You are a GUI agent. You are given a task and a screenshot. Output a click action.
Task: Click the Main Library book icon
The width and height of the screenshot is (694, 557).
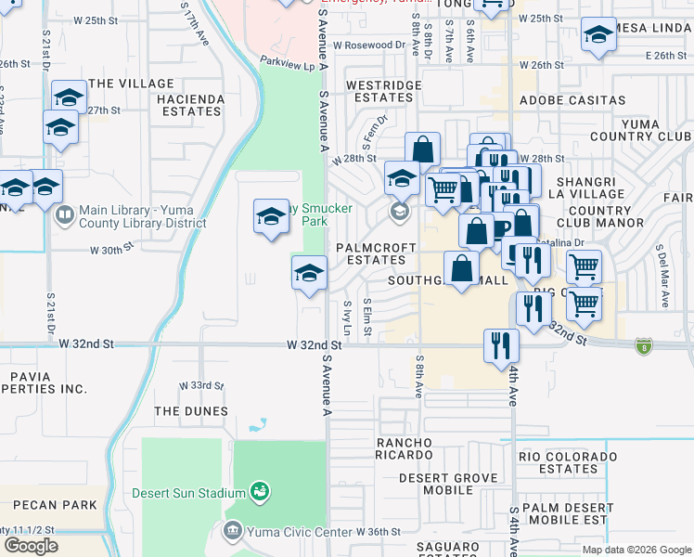pos(65,216)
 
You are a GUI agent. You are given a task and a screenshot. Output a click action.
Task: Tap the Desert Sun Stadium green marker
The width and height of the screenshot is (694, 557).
pos(260,491)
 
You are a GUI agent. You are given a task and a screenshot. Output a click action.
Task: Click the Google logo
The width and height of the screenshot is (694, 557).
pos(31,546)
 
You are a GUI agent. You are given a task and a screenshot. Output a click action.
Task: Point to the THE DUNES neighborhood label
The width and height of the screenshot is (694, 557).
pos(191,411)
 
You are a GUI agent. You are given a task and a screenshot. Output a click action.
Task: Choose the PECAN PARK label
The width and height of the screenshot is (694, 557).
pos(55,505)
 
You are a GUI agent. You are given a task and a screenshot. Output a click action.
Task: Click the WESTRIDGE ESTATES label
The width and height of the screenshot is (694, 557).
pos(384,91)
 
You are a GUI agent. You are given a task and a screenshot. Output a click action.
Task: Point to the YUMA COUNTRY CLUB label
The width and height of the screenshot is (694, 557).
pos(641,130)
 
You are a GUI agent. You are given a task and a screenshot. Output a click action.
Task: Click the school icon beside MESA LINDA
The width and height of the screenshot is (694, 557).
pos(598,37)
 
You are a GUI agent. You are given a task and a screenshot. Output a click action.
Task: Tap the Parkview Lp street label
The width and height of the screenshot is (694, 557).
pos(289,65)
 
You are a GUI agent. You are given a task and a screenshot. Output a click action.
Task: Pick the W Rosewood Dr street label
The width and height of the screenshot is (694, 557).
pos(369,44)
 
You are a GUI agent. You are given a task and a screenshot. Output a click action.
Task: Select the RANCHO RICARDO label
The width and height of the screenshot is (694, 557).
pos(404,448)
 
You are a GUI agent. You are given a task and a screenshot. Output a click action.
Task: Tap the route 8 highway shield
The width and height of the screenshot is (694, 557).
pos(642,346)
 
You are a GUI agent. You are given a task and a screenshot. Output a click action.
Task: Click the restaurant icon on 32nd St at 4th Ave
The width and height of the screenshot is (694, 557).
pos(501,345)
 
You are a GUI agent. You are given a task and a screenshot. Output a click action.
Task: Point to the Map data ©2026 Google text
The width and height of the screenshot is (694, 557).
pos(636,550)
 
